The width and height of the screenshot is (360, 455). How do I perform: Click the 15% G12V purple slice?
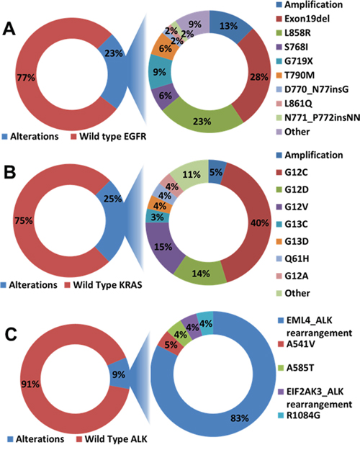click(163, 247)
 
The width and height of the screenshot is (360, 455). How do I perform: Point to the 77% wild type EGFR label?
click(26, 78)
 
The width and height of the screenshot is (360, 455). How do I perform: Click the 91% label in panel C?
click(30, 384)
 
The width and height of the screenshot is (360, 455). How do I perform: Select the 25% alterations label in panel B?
click(112, 199)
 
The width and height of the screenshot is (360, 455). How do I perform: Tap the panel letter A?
click(9, 29)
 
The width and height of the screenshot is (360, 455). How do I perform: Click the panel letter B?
click(9, 173)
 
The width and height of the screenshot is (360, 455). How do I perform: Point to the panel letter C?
click(12, 335)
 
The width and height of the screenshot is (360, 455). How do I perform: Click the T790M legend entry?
click(295, 75)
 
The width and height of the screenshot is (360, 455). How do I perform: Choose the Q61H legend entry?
click(292, 258)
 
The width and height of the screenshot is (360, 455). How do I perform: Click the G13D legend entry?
click(292, 241)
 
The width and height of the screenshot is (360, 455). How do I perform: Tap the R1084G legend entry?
click(299, 415)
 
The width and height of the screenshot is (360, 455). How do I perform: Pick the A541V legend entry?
click(297, 344)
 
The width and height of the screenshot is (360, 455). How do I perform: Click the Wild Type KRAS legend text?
click(107, 285)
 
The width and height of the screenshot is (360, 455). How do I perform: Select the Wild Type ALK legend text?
click(116, 439)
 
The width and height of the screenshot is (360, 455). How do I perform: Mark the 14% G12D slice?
click(201, 273)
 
